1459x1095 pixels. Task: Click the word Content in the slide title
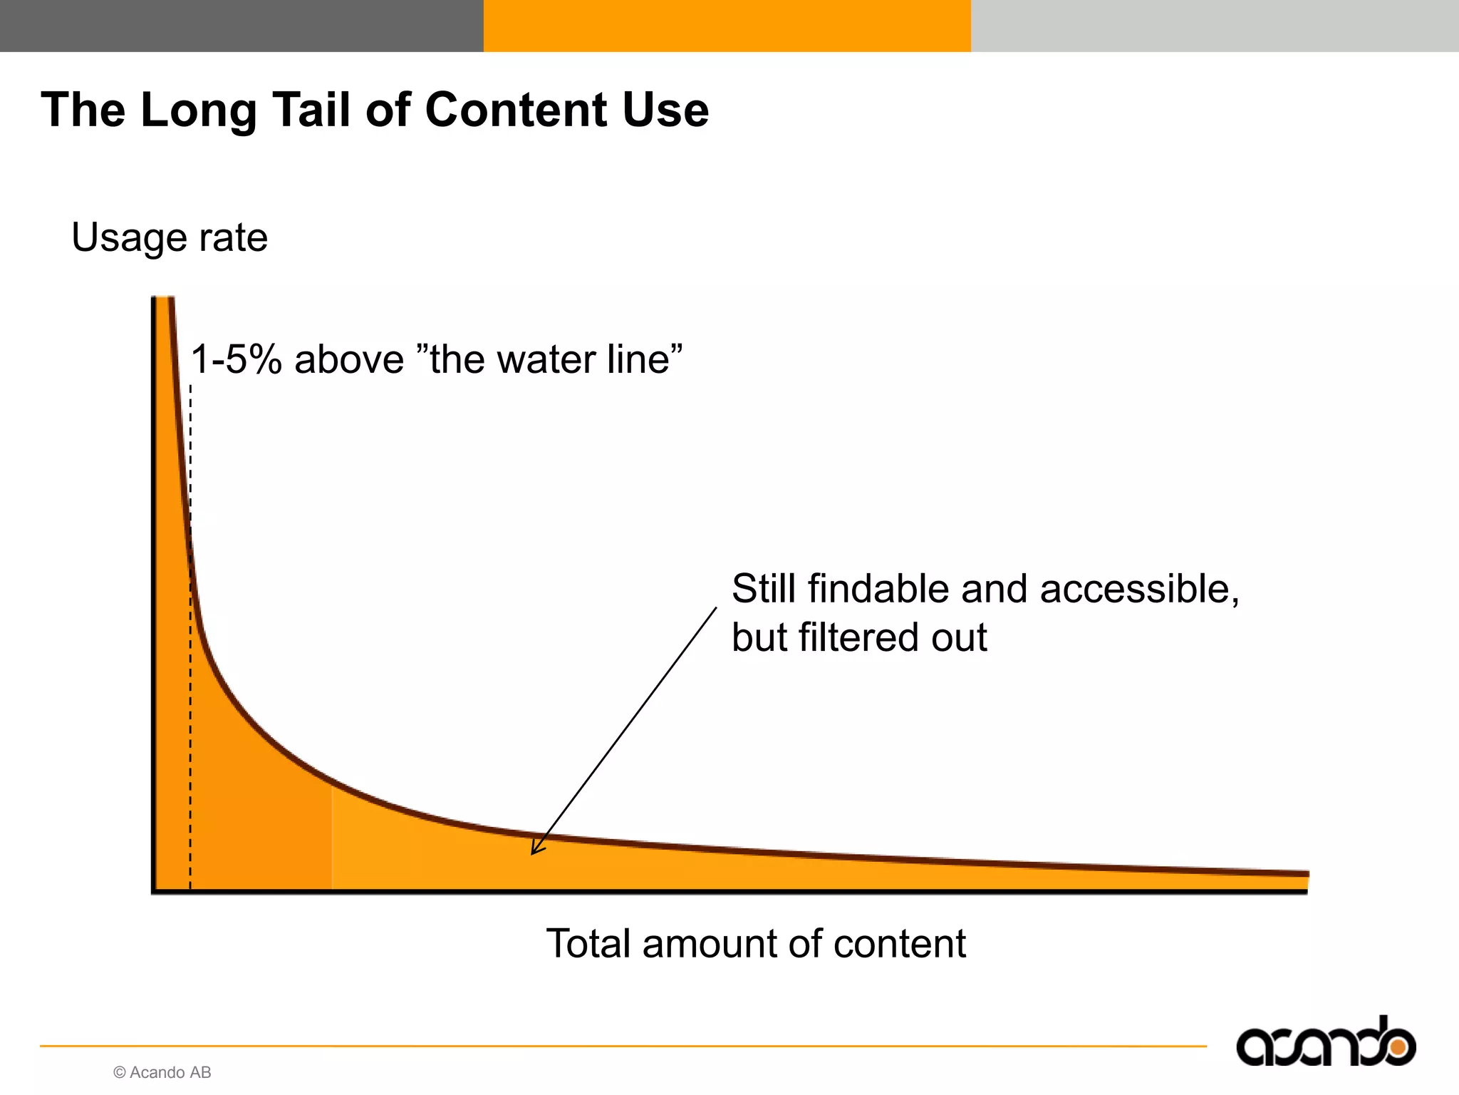click(x=516, y=110)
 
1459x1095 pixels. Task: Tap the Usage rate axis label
click(x=170, y=237)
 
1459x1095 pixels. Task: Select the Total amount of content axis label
click(x=756, y=944)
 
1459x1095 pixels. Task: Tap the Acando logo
click(x=1325, y=1043)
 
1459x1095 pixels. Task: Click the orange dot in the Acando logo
click(x=1398, y=1047)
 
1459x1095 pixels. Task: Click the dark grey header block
click(x=242, y=26)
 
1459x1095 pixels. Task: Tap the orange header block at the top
click(x=727, y=26)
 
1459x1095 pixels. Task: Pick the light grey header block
click(x=1215, y=26)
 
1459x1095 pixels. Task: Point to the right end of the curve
click(x=1305, y=873)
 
